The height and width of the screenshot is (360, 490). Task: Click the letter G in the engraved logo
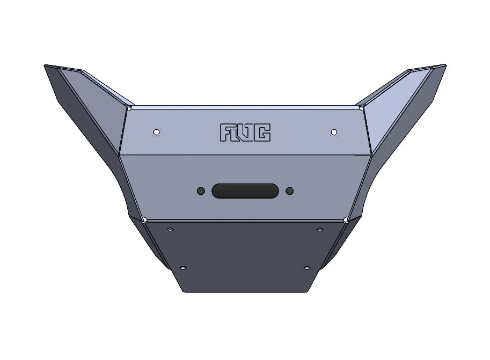click(x=262, y=133)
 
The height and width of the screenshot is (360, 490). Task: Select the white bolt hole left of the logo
click(x=156, y=132)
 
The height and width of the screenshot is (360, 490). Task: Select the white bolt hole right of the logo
click(x=334, y=132)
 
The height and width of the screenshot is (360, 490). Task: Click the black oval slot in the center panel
click(x=245, y=191)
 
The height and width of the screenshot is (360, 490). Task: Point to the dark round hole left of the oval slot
click(x=201, y=191)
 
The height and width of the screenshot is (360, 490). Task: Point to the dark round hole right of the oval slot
click(x=290, y=191)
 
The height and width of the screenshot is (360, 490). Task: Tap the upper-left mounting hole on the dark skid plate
click(x=171, y=230)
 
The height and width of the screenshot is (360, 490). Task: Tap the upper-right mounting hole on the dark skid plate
click(x=320, y=230)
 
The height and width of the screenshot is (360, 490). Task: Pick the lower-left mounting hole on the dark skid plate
click(x=184, y=267)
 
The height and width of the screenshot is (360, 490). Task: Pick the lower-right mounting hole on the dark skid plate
click(x=307, y=267)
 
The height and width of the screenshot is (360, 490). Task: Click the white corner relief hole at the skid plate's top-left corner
click(x=144, y=219)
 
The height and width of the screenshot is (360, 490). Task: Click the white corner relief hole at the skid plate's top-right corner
click(x=345, y=219)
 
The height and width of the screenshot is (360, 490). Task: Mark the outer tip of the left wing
click(x=45, y=66)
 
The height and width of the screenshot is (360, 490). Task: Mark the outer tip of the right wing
click(x=445, y=65)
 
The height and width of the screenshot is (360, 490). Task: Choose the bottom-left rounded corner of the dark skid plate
click(x=185, y=291)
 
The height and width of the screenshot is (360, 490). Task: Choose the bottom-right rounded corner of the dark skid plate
click(x=305, y=291)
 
